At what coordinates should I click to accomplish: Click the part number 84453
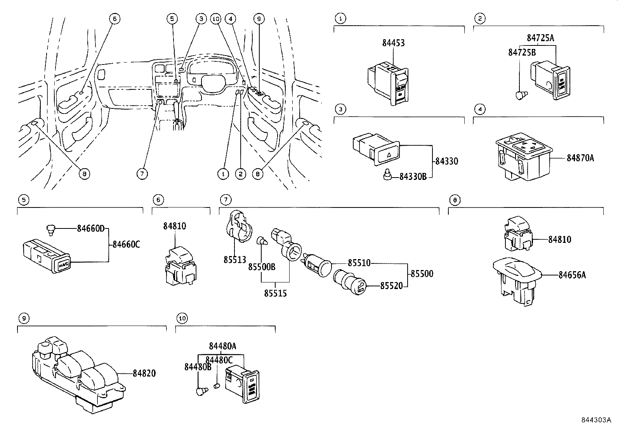point(393,43)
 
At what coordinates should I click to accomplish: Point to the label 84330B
point(413,177)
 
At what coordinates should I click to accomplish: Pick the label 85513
point(234,260)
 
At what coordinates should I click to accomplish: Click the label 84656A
point(572,275)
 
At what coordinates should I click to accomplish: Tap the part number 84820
point(144,373)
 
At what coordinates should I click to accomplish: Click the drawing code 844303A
point(596,420)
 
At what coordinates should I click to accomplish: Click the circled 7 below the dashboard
point(142,174)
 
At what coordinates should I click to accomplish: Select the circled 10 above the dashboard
point(216,18)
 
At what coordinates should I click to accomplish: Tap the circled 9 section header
point(24,319)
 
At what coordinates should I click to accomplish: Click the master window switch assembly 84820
point(78,373)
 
